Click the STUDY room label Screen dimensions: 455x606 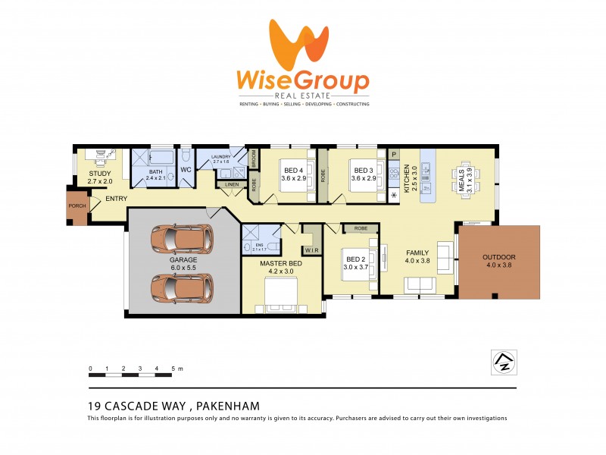point(99,174)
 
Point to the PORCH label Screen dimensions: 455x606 point(77,206)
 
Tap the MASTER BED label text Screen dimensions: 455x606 point(281,263)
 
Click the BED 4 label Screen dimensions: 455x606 point(292,170)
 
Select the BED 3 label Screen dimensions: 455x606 point(363,170)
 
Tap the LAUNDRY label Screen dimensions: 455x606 point(221,157)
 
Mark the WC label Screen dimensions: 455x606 point(186,170)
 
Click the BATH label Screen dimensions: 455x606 point(156,172)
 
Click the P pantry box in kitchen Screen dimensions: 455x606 point(394,153)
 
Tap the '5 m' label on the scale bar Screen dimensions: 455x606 point(176,368)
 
